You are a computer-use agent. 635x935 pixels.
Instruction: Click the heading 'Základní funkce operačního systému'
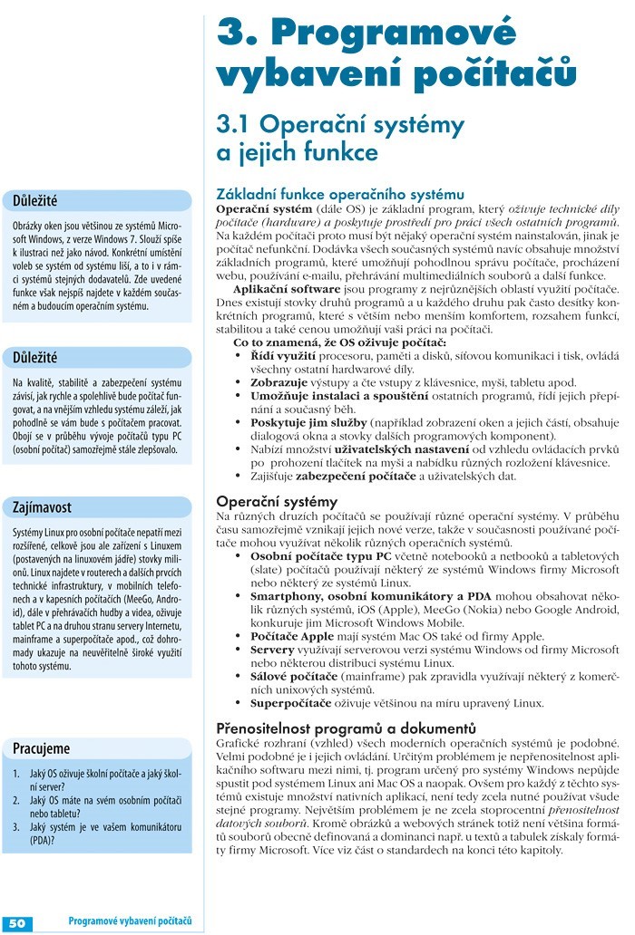[339, 194]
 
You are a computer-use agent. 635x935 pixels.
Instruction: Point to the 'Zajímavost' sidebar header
[42, 506]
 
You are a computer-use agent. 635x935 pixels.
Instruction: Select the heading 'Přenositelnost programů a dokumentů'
[346, 728]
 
